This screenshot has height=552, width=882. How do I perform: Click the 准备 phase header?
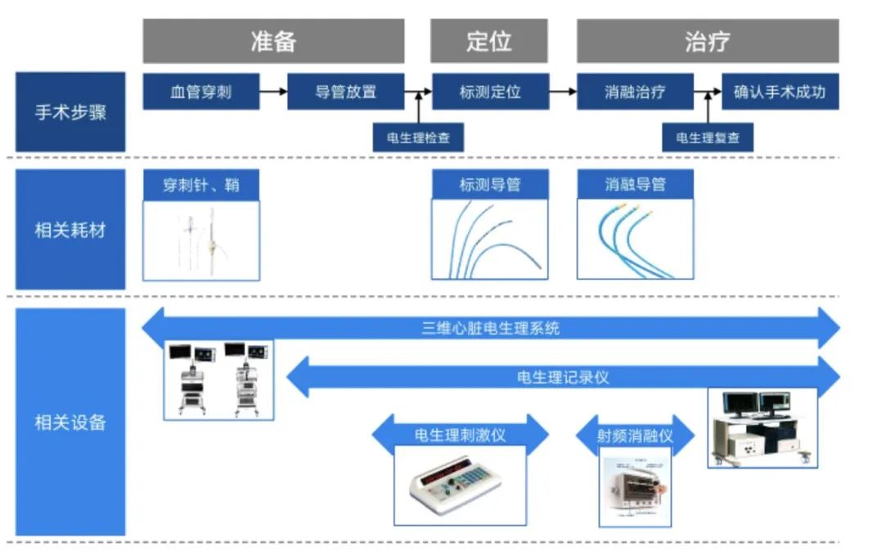(x=273, y=42)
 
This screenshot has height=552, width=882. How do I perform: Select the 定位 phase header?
(x=488, y=42)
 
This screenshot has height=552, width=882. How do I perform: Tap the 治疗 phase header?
(x=707, y=42)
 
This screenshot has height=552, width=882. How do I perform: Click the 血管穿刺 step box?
(x=200, y=92)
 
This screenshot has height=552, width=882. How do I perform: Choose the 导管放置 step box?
(x=345, y=92)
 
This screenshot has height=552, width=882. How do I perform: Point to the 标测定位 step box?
(x=489, y=92)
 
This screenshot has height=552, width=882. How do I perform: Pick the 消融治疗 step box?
(x=635, y=92)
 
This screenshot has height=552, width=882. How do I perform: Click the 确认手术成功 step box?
(x=780, y=92)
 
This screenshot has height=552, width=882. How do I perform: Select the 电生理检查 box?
(x=418, y=137)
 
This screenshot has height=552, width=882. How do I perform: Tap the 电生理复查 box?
(x=707, y=137)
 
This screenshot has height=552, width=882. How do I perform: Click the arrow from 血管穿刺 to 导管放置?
(x=273, y=92)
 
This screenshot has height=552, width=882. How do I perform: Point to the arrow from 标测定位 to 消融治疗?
(x=562, y=92)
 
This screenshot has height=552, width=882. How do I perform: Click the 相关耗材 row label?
(x=70, y=230)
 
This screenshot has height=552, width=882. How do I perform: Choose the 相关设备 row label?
(x=70, y=422)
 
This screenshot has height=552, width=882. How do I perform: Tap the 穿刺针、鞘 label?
(x=200, y=185)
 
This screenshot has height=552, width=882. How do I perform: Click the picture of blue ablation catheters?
(x=635, y=240)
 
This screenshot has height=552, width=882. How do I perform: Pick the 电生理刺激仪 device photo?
(x=459, y=485)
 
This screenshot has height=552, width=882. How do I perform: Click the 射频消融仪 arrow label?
(x=635, y=436)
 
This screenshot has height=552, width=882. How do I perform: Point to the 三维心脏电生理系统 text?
(x=491, y=329)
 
